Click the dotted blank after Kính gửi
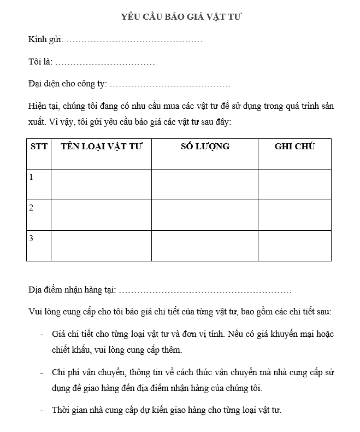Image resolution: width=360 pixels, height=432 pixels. (x=134, y=40)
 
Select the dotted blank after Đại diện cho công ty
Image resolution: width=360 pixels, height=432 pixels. (x=170, y=85)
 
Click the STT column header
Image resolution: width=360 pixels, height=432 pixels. (x=39, y=147)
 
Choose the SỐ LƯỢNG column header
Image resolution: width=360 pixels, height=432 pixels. (x=205, y=147)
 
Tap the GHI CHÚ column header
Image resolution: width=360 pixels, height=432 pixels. (x=294, y=147)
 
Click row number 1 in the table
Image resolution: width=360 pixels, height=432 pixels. (x=32, y=177)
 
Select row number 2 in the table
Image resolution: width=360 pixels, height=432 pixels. (x=32, y=208)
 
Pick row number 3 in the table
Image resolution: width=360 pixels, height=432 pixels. (x=32, y=238)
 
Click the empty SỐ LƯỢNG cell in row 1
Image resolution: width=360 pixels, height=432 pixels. (x=205, y=184)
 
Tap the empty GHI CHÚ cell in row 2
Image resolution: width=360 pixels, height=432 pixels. (x=294, y=215)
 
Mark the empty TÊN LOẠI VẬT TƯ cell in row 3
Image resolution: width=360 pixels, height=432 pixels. (x=101, y=246)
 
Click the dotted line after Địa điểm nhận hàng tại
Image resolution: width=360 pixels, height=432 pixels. (x=205, y=291)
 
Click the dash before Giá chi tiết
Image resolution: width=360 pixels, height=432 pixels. (x=42, y=334)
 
